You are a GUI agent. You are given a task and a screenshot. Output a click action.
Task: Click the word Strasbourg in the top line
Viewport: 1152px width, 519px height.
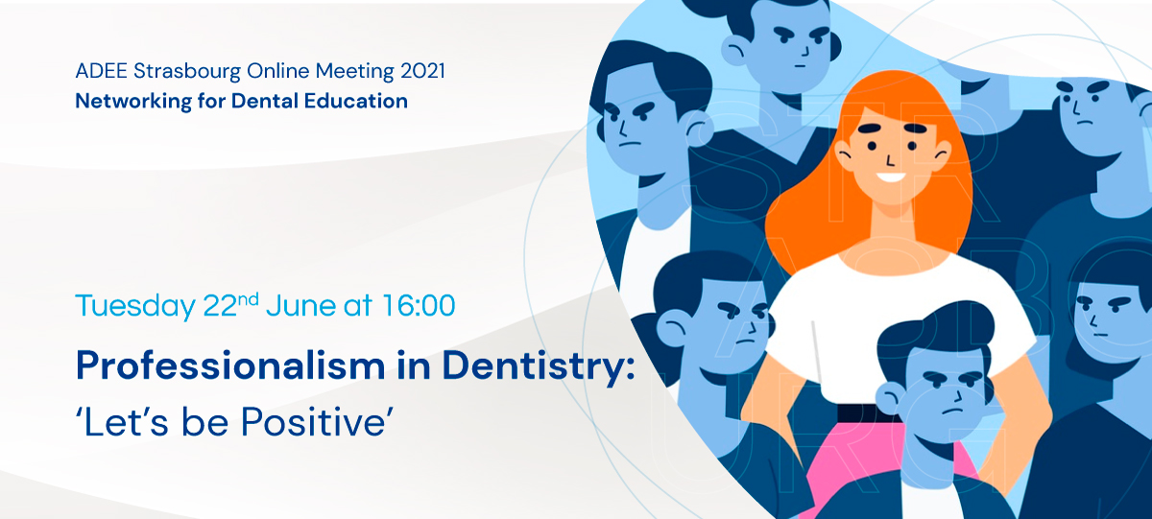click(186, 71)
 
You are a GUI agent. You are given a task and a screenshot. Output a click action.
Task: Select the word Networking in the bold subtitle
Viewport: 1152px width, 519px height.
click(133, 102)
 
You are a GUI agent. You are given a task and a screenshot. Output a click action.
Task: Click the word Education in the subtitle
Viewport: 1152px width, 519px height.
click(356, 101)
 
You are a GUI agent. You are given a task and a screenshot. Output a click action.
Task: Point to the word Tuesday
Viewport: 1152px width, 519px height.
click(135, 307)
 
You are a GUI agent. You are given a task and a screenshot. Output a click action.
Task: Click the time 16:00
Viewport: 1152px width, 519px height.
click(419, 306)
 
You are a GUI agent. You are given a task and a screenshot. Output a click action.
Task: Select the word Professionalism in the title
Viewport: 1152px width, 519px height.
click(230, 366)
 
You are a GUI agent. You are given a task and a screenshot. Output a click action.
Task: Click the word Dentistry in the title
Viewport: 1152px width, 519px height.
click(539, 366)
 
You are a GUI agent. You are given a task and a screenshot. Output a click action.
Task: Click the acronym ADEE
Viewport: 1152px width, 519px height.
click(102, 71)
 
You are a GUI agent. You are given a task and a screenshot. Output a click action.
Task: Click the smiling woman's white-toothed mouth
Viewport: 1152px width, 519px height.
click(891, 178)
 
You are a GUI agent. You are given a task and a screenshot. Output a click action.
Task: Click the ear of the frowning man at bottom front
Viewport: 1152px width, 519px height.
click(889, 398)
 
